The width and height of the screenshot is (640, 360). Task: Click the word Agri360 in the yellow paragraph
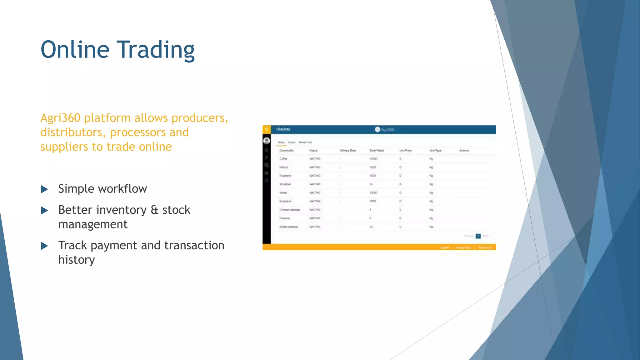pos(60,118)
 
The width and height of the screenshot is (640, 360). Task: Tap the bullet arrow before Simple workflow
pos(44,189)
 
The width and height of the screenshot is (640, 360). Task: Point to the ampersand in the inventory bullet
pos(154,210)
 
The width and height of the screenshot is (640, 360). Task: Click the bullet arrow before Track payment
pos(44,246)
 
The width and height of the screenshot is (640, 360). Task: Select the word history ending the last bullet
pos(77,260)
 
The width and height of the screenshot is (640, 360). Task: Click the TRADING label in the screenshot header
pos(283,129)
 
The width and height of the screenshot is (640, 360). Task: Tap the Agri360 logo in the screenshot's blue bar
pos(384,129)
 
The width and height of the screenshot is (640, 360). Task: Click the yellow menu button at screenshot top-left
pos(267,129)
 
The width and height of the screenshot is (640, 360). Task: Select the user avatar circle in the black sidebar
pos(267,141)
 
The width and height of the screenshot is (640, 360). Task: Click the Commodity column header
pos(286,151)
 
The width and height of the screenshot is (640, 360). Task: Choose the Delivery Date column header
pos(347,151)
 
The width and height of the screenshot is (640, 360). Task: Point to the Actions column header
pos(464,151)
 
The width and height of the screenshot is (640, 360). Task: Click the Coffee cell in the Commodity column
pos(283,159)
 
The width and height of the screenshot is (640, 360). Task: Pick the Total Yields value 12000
pos(373,159)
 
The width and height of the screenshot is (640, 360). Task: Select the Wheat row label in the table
pos(283,193)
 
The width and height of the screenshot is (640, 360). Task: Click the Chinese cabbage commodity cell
pos(290,210)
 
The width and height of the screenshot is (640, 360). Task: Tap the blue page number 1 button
pos(478,236)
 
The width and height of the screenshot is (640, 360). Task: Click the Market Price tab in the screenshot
pos(305,142)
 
